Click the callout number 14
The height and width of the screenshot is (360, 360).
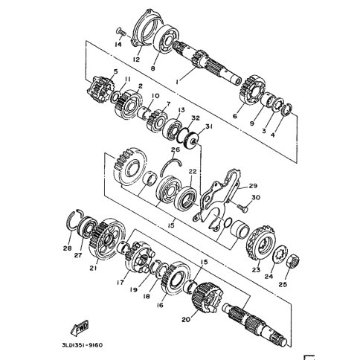tap(118, 45)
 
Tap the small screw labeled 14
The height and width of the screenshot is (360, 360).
tap(120, 32)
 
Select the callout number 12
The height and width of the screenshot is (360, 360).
tap(136, 60)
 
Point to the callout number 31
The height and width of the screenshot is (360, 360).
tap(209, 126)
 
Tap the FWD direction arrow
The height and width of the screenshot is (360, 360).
tap(80, 328)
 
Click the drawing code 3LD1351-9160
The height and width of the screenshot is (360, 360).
tap(82, 345)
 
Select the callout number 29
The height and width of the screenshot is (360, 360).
tap(252, 186)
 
